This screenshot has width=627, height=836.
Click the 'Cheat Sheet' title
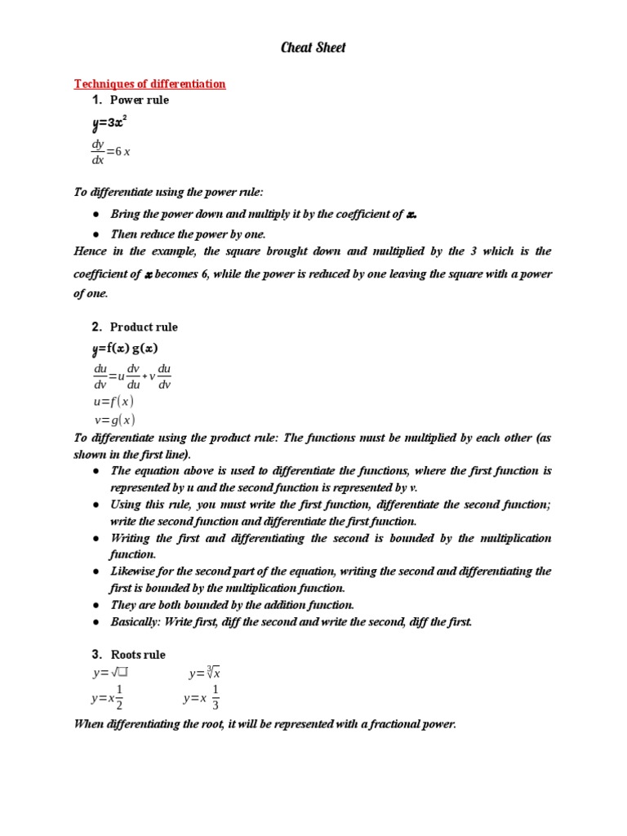point(313,47)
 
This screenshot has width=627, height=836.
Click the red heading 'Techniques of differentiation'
point(149,83)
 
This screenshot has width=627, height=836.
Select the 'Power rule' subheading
point(140,100)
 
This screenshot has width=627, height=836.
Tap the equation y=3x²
point(109,124)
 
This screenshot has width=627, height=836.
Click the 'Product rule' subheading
point(144,327)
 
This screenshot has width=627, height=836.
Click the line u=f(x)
point(114,401)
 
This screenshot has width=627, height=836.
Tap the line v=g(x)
point(114,420)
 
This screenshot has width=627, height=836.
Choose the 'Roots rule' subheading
point(138,654)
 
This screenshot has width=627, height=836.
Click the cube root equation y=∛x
point(205,674)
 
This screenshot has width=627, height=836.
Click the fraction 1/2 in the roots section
point(119,698)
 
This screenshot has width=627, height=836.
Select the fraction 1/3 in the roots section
point(215,698)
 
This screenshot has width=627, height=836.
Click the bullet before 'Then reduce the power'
point(96,234)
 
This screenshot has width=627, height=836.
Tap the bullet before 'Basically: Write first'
point(96,622)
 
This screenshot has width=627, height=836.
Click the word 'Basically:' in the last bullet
point(135,622)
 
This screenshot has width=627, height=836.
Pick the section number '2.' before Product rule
point(96,327)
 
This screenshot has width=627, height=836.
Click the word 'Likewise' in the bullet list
point(133,571)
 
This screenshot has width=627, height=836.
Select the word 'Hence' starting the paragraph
point(90,251)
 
